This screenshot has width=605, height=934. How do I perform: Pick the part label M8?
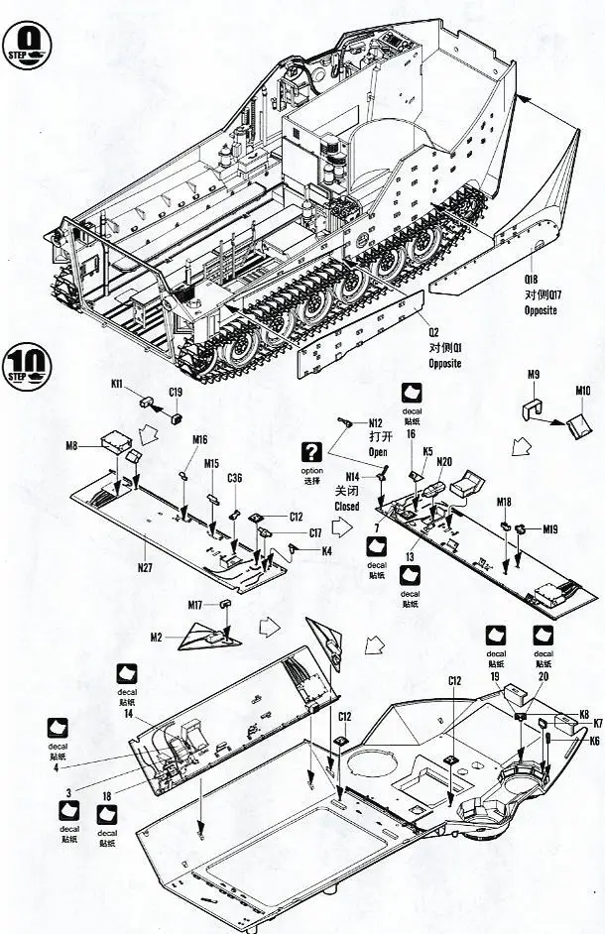[73, 445]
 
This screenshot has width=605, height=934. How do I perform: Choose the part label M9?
[533, 375]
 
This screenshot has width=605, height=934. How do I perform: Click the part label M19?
[548, 529]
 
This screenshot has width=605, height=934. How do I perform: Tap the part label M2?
[157, 637]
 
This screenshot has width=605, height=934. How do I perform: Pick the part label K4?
[326, 551]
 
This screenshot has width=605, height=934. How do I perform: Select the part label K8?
[585, 713]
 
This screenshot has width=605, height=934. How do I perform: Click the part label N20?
[444, 461]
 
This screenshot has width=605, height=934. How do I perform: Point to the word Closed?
[347, 506]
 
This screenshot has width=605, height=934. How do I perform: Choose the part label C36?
[234, 478]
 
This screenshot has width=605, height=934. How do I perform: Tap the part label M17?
[195, 605]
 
